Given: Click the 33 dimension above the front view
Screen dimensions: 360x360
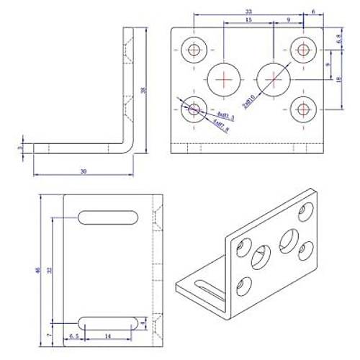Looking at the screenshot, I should coord(249,12).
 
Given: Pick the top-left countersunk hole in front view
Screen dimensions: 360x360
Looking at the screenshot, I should coord(194,50).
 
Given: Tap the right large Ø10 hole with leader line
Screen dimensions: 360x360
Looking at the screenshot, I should coord(273,77).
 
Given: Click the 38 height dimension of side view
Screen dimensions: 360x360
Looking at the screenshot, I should coord(144,90).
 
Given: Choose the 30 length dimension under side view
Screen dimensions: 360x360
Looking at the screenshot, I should coord(84,171).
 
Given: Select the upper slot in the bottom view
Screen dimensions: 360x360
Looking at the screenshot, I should coord(109,216).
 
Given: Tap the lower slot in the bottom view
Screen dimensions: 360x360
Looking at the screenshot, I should coord(109,321).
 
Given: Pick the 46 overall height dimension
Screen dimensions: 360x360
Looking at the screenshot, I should coord(37,270).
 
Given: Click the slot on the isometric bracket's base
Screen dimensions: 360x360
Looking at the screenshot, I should coord(209,291).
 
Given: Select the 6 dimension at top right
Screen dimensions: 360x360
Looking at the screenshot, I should coord(314,12).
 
